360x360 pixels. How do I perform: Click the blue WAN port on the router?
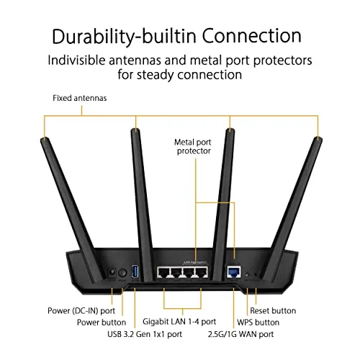click(234, 272)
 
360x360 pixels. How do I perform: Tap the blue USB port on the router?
click(135, 271)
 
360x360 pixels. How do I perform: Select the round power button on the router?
click(122, 273)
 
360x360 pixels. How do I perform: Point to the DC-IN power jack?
click(112, 273)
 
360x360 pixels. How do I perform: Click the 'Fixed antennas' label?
click(80, 98)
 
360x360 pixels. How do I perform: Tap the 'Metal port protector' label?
click(193, 146)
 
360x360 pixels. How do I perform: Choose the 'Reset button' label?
click(273, 310)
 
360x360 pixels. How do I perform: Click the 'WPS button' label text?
click(258, 322)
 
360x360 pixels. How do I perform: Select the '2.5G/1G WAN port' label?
click(240, 334)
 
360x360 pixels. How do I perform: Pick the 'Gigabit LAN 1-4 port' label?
click(179, 322)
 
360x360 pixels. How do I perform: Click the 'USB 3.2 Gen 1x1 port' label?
click(145, 334)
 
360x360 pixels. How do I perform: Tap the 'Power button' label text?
click(102, 322)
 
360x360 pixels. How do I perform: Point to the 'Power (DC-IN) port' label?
click(81, 311)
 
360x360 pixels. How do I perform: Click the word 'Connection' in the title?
click(251, 36)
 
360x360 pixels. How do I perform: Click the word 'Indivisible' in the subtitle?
click(76, 60)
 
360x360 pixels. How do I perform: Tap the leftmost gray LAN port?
click(163, 272)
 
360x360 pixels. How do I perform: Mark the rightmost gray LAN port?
click(201, 272)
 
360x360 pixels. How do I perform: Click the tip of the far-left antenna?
click(45, 138)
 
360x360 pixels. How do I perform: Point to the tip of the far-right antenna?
click(318, 138)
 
